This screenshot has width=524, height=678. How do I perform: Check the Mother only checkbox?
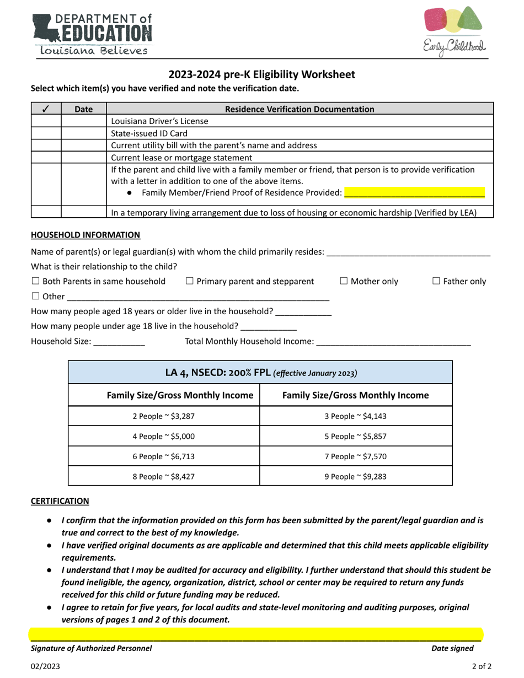click(x=344, y=281)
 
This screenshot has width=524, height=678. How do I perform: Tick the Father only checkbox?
click(x=436, y=281)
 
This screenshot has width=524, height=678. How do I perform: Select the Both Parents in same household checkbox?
click(x=36, y=281)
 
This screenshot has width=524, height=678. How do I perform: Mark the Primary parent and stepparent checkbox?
click(x=190, y=281)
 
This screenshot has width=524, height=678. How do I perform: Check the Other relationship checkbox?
click(x=36, y=296)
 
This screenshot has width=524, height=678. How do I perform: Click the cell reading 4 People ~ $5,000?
click(x=164, y=436)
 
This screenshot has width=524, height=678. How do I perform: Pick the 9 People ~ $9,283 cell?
click(x=356, y=476)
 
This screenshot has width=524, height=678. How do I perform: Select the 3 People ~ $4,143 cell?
click(x=356, y=416)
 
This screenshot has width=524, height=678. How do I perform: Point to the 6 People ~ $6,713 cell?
click(x=164, y=456)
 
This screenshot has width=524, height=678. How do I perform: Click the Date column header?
click(x=83, y=109)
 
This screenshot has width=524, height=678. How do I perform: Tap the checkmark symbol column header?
click(x=46, y=109)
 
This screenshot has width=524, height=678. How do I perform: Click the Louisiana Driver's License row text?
click(x=160, y=121)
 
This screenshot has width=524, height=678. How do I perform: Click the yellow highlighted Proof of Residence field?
click(x=414, y=193)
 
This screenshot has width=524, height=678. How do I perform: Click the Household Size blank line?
click(x=119, y=342)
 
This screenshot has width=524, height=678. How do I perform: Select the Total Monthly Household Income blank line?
click(x=394, y=342)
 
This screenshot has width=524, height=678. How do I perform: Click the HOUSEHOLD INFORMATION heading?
click(x=85, y=235)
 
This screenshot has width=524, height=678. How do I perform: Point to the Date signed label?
click(x=452, y=648)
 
